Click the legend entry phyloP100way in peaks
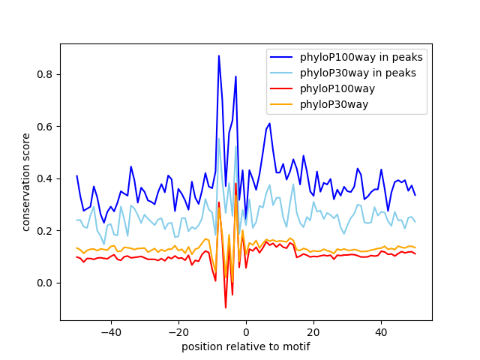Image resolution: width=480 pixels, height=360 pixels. click(361, 57)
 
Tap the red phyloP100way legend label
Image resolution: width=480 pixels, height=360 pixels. click(337, 88)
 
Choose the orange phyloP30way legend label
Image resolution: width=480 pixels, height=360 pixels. click(334, 104)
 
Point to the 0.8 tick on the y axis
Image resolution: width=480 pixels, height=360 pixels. click(46, 75)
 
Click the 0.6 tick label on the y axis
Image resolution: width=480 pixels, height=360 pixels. click(46, 127)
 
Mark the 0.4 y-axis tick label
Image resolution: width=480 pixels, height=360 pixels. click(46, 178)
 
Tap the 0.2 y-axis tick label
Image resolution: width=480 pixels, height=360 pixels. click(46, 231)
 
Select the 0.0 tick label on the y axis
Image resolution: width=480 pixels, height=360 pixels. click(46, 283)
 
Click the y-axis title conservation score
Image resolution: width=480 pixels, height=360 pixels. click(26, 182)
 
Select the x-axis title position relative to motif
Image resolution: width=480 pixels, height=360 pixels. click(245, 346)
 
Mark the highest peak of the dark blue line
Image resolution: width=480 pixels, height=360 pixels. click(219, 55)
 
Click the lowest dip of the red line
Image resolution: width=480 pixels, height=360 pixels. click(226, 307)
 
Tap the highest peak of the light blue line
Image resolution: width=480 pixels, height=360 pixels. click(219, 138)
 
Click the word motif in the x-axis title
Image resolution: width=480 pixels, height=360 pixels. click(295, 346)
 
